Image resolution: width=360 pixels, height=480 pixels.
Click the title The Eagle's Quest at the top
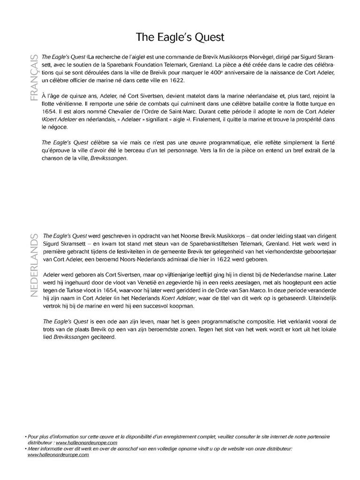(180, 37)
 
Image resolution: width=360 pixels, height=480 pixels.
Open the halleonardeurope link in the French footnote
(86, 442)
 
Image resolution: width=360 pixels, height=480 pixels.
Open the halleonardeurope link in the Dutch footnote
(58, 455)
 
